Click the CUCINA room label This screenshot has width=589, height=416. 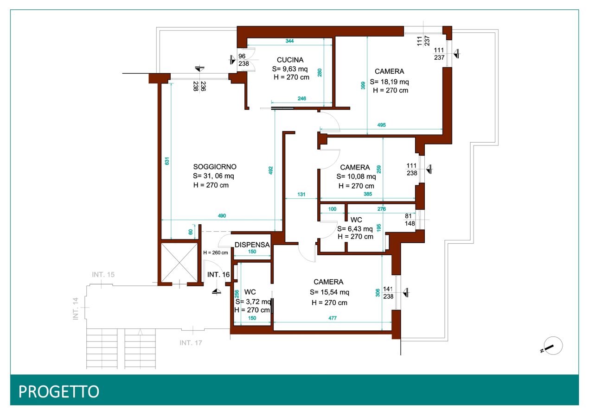point(290,60)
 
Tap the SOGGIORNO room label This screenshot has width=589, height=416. point(215,167)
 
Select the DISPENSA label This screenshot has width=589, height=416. point(252,245)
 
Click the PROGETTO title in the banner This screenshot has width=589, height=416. point(58,391)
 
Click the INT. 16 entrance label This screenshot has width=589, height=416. point(218,275)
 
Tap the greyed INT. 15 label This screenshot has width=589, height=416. point(103,275)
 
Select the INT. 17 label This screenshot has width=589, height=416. point(191,343)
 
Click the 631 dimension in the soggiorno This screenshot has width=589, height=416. point(167,161)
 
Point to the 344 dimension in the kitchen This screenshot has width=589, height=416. point(289,41)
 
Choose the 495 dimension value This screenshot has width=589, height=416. point(381,125)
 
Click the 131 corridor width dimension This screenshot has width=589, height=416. point(301,195)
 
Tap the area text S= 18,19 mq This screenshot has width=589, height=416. point(389,82)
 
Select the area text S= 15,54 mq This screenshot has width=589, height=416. point(329,292)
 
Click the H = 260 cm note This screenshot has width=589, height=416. point(215,252)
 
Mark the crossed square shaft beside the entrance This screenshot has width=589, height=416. point(179,262)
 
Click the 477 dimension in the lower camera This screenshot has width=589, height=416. point(333,318)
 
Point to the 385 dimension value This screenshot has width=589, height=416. point(368,194)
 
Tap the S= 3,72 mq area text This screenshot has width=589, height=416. point(253,302)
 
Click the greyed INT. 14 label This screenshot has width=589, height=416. point(76,309)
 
